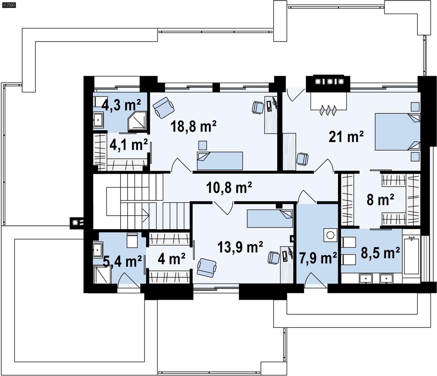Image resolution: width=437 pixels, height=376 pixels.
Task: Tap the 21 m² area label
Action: [x=346, y=137]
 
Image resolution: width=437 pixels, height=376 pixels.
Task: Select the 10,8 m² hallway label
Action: [x=229, y=188]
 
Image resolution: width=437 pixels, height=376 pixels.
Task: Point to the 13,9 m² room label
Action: [x=240, y=247]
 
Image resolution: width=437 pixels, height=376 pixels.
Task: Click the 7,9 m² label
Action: [x=318, y=258]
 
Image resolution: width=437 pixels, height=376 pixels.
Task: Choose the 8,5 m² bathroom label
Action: [x=380, y=253]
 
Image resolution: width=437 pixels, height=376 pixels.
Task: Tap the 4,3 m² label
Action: [x=121, y=105]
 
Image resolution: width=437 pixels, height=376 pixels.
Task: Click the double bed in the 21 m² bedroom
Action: [x=397, y=132]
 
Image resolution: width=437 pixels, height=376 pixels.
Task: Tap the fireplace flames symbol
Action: [x=328, y=111]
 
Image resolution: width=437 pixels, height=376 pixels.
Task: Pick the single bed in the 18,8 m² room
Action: [x=220, y=161]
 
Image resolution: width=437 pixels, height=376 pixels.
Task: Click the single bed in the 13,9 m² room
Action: [x=270, y=218]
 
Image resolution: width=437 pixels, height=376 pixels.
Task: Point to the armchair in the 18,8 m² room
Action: [x=163, y=108]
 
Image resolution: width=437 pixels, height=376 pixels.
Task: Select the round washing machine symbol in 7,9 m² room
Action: [x=330, y=235]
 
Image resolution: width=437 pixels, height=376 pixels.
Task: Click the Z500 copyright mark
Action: [x=9, y=5]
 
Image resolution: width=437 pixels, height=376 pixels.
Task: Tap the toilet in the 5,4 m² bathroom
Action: [x=132, y=240]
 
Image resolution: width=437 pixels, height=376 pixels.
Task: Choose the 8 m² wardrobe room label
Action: [x=380, y=200]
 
